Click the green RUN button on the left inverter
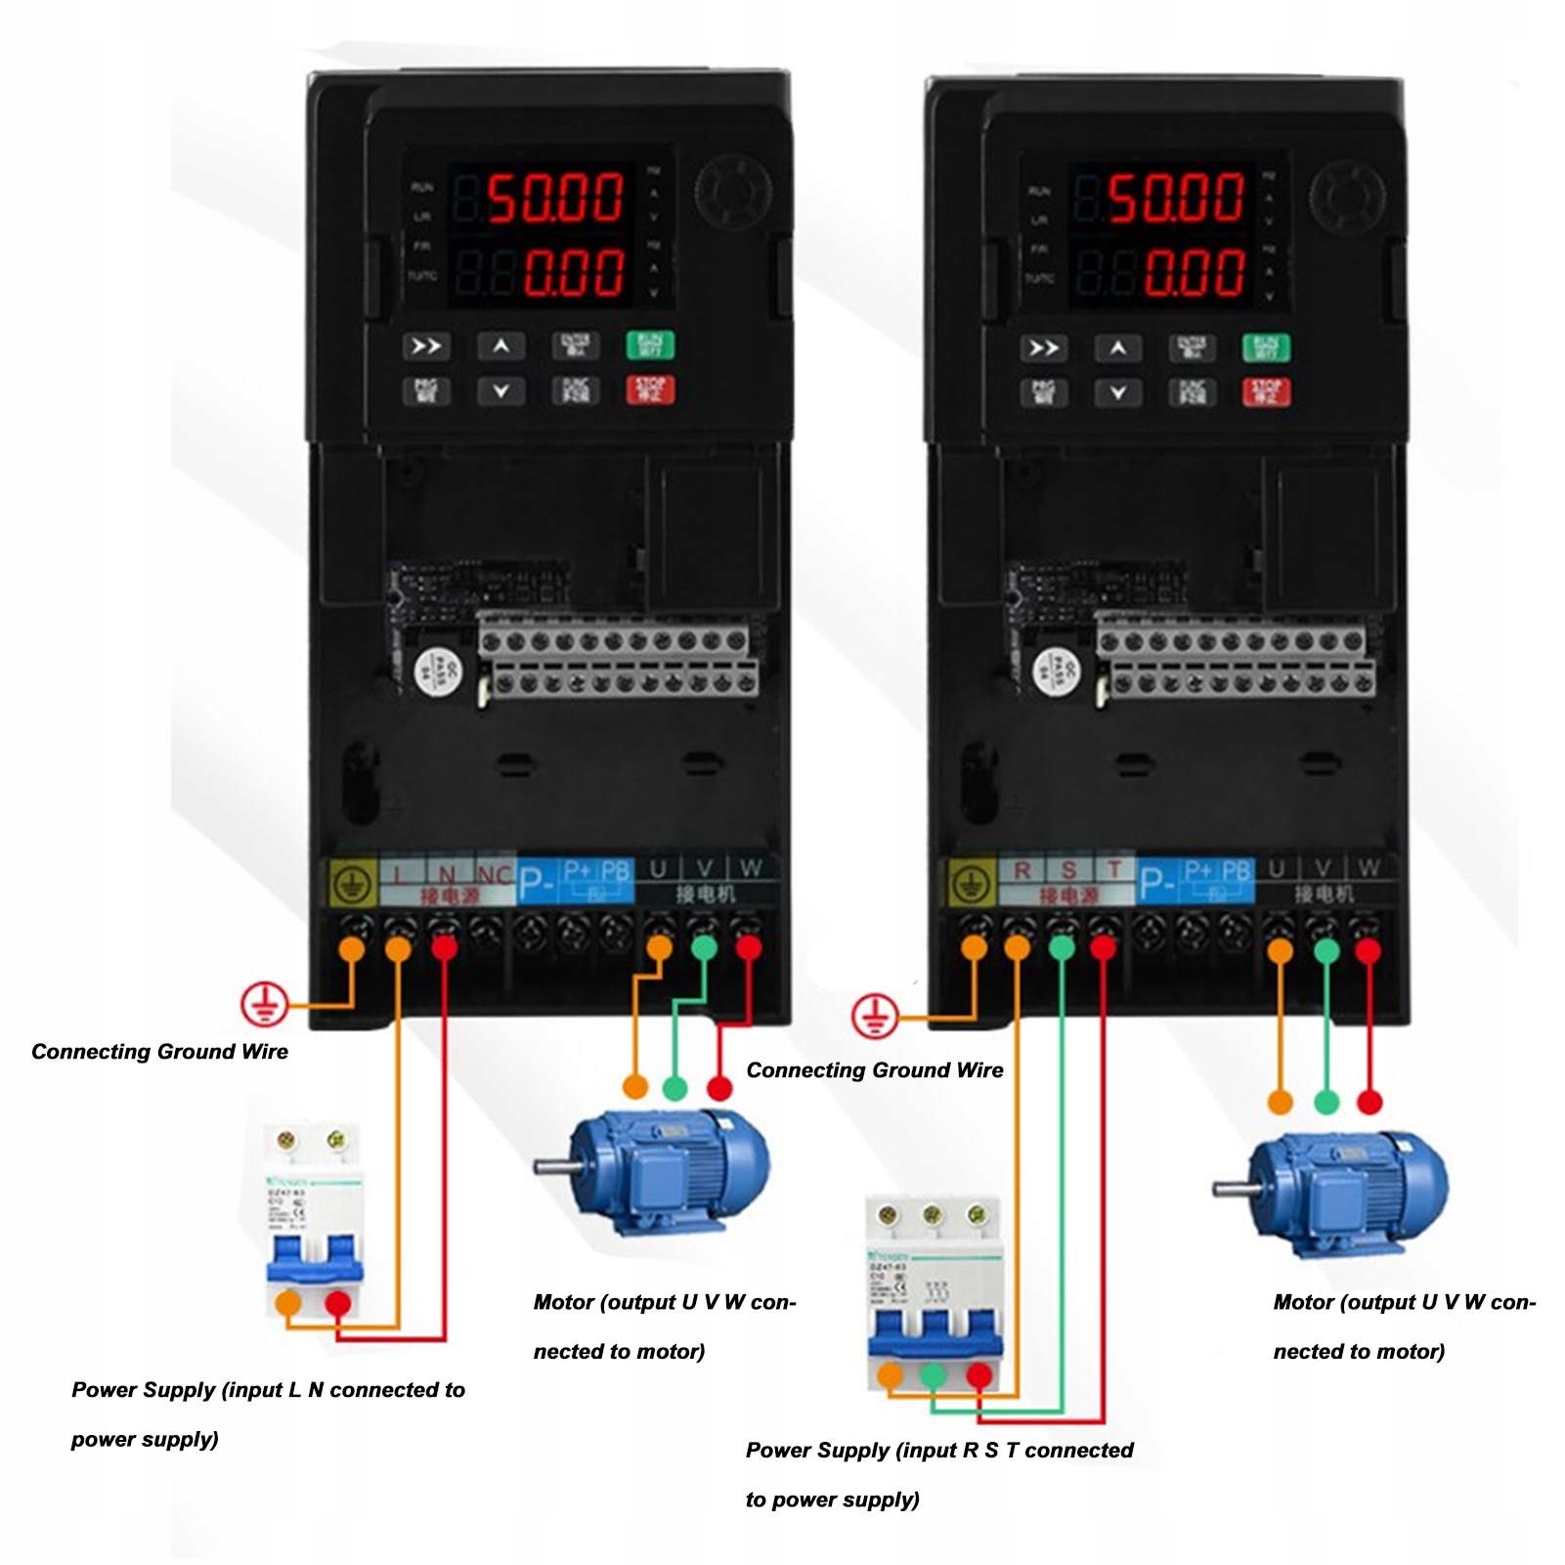point(650,345)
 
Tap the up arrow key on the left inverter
point(500,346)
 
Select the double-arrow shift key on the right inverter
point(1043,348)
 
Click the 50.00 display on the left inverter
point(554,196)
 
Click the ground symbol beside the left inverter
point(264,1004)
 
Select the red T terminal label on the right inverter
point(1113,869)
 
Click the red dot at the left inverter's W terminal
point(749,946)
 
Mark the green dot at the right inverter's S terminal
point(1062,947)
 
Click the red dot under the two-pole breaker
point(338,1303)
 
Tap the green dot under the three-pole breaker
point(934,1375)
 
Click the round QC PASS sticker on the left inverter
point(436,671)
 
